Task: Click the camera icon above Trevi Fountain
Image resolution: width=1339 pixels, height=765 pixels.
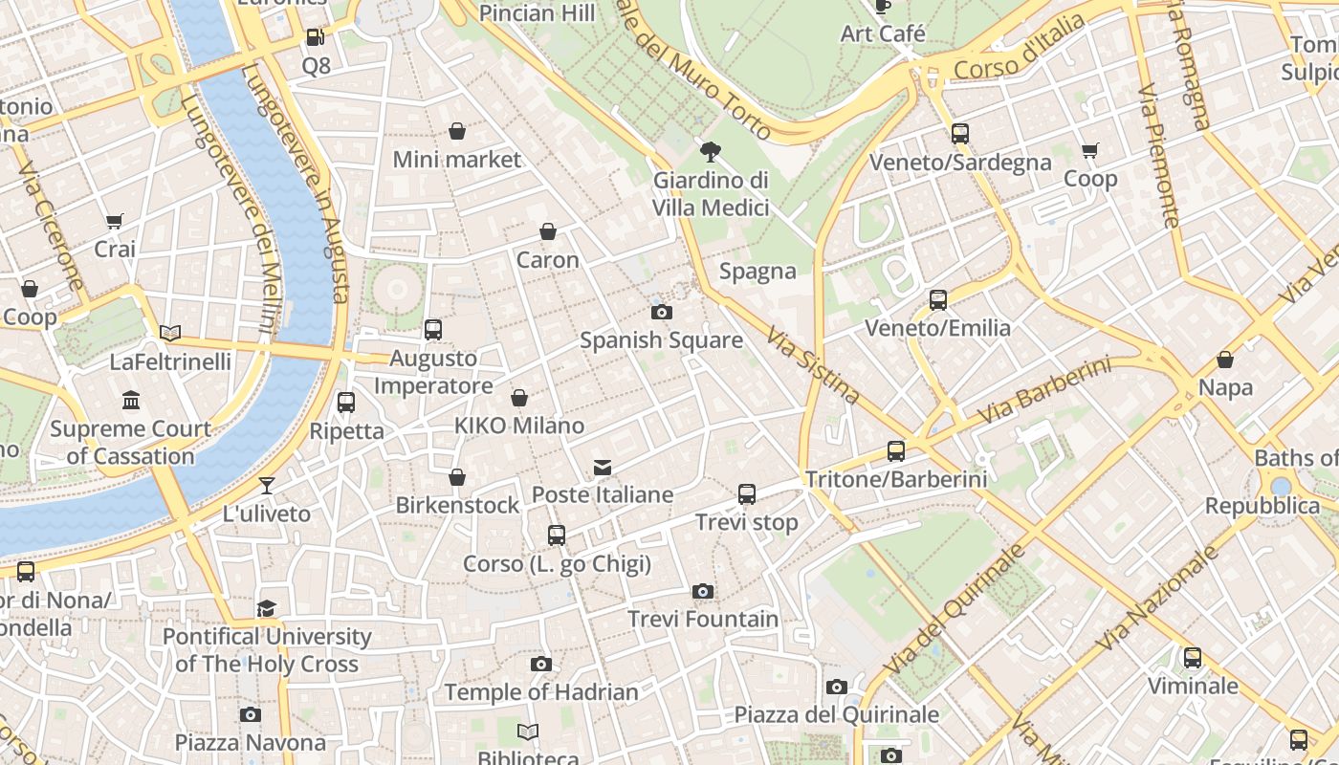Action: click(x=703, y=592)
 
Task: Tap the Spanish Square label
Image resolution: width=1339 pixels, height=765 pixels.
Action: click(x=661, y=340)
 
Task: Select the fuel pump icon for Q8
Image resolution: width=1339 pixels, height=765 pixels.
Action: click(x=316, y=38)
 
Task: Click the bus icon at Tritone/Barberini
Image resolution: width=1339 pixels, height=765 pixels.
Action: click(x=896, y=451)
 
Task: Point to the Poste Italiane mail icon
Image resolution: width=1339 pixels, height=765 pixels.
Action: click(x=603, y=468)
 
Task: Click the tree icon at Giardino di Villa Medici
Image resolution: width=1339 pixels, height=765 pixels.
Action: click(x=711, y=152)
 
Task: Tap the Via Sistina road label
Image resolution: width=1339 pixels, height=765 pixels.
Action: click(x=813, y=364)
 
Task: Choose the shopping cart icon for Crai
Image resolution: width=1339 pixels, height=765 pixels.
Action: click(x=115, y=222)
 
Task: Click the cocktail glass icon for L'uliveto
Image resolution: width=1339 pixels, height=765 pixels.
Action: click(x=267, y=486)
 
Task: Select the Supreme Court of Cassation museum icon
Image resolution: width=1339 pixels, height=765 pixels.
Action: click(x=131, y=401)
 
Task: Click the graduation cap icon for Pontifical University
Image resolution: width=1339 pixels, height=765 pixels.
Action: click(x=267, y=609)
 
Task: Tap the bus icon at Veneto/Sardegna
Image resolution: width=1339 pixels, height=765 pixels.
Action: click(x=960, y=135)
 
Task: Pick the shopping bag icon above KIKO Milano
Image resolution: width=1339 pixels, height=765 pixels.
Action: click(x=519, y=398)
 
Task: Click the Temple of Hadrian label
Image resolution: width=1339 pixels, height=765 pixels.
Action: click(x=541, y=691)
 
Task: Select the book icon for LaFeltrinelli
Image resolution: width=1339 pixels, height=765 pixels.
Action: click(x=170, y=333)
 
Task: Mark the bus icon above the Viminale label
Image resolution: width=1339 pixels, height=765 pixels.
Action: click(x=1193, y=658)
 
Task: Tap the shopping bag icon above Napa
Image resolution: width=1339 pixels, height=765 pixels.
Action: click(x=1225, y=361)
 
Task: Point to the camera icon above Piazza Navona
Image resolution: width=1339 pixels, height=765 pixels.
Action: click(x=251, y=714)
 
